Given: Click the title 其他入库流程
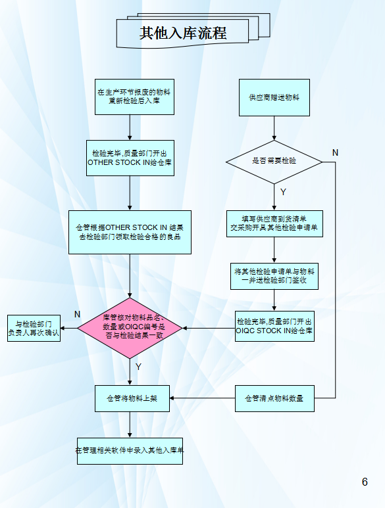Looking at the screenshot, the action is tap(183, 33).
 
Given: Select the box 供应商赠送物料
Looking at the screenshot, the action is tap(274, 97).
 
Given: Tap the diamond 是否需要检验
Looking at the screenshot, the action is tap(274, 162).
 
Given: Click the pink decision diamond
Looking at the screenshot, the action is tap(130, 328).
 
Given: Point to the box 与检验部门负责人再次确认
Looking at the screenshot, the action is tap(34, 328).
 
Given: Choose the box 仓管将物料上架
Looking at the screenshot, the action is tap(132, 398).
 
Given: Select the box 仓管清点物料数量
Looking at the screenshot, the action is tap(274, 398).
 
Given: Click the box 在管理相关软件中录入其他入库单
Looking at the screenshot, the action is tap(130, 451).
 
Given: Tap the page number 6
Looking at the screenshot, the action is tap(365, 482).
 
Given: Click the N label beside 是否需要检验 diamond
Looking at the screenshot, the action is tap(335, 152).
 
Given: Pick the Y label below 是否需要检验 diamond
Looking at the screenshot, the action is tap(283, 192).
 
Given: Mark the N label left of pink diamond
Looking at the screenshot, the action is tap(77, 314).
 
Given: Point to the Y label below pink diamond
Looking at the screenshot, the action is tap(138, 367).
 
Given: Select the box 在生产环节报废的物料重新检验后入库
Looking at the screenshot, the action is tap(134, 97).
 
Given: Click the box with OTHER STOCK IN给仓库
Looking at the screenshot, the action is tap(130, 158).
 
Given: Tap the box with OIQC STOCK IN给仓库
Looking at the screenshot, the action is tap(274, 326).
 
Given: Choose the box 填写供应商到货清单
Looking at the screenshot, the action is tap(274, 223).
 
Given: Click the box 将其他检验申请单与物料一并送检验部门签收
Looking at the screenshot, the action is tap(274, 276).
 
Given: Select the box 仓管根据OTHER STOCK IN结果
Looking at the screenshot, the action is tap(130, 232).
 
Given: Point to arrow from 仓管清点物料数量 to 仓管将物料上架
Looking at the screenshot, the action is tap(203, 398).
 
